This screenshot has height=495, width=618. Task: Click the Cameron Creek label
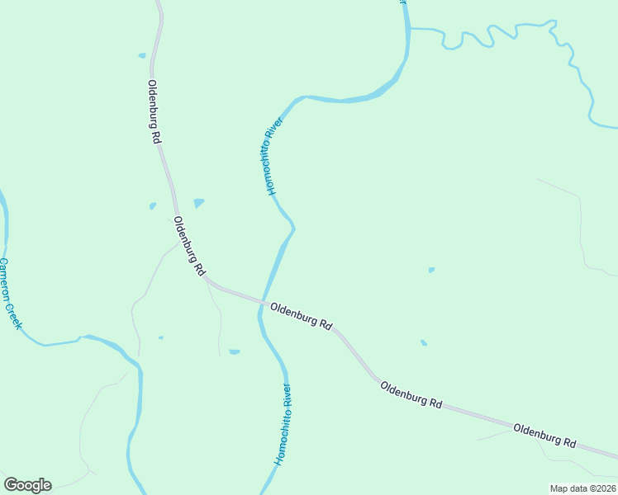10,294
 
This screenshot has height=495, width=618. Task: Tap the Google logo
27,485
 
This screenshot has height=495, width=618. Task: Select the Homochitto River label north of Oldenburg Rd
275,155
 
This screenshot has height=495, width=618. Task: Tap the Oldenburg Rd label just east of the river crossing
301,315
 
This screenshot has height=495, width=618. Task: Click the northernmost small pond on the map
142,55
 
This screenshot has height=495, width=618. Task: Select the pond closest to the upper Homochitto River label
198,202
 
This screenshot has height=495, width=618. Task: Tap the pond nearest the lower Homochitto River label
235,351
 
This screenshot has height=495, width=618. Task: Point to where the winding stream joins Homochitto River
409,29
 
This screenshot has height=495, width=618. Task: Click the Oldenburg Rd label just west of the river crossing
189,246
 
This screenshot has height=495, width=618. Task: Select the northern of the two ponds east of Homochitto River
431,269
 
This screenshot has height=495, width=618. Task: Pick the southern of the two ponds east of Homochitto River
424,342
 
